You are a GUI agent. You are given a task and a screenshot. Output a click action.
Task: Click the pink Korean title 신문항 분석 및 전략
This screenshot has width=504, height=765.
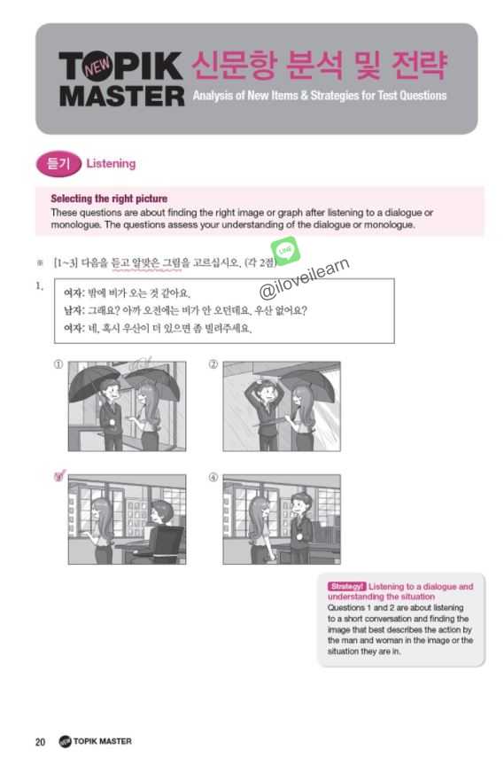[x=318, y=64]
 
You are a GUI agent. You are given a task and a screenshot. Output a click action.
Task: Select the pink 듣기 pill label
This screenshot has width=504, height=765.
[x=58, y=164]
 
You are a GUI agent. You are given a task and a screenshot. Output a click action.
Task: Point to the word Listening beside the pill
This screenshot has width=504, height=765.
[x=112, y=164]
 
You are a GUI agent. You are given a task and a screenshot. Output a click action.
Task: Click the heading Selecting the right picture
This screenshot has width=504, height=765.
[x=109, y=199]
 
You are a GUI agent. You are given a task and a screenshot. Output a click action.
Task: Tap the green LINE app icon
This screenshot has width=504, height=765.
[x=285, y=251]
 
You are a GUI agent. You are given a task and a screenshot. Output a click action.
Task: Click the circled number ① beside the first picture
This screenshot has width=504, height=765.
[x=58, y=364]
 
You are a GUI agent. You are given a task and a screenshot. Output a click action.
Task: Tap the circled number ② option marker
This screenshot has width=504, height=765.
[x=213, y=364]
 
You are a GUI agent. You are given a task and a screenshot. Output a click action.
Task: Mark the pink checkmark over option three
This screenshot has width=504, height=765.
[x=59, y=477]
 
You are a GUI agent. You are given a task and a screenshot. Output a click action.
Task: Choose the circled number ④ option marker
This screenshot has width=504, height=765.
[x=213, y=477]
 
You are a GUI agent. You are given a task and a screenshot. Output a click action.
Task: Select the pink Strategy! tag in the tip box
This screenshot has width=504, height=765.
[x=345, y=587]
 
